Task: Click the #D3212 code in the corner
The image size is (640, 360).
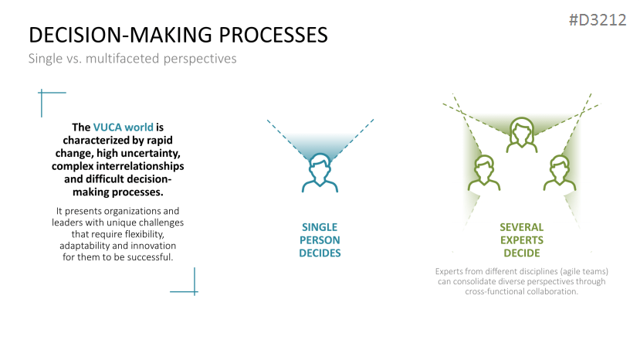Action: (x=598, y=19)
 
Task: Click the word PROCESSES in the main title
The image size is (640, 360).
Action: (x=273, y=35)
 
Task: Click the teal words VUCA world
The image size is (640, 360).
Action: (x=124, y=127)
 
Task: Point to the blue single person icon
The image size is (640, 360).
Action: (x=320, y=173)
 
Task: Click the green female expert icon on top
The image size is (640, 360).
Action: (x=522, y=135)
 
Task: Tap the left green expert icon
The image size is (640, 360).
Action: (x=484, y=173)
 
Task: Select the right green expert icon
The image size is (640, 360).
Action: (x=560, y=173)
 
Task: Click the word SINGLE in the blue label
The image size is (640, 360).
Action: (x=320, y=227)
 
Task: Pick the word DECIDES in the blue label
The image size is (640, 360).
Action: (x=320, y=253)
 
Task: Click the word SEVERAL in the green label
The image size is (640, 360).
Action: (x=522, y=227)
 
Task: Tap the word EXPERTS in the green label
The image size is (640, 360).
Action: (x=522, y=239)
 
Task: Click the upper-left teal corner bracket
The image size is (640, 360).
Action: (x=42, y=93)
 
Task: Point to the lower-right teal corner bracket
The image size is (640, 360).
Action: (x=195, y=291)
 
